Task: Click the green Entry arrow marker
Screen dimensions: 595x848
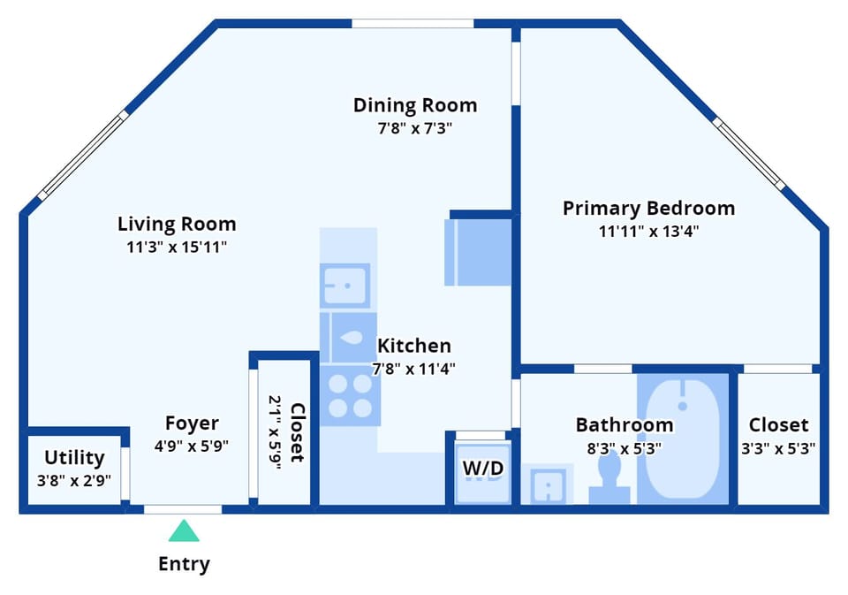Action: [x=184, y=531]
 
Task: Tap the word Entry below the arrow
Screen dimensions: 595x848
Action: [x=184, y=563]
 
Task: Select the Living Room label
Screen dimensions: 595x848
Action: [x=177, y=224]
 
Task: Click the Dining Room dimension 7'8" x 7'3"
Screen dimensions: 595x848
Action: [x=415, y=127]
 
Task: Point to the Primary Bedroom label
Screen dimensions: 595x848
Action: [x=648, y=209]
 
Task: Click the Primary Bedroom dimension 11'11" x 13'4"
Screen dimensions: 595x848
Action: [x=648, y=232]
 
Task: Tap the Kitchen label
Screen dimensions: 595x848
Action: [x=414, y=346]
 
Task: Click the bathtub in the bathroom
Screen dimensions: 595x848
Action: [x=682, y=438]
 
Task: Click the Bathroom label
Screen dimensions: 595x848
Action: [x=625, y=425]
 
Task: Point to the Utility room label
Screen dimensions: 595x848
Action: [x=74, y=458]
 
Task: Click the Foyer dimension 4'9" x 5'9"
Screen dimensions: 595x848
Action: [x=192, y=446]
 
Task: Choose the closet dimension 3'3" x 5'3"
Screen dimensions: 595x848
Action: [x=777, y=448]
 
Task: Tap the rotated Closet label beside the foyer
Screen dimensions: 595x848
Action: [x=297, y=432]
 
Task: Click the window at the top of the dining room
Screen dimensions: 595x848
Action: [x=413, y=23]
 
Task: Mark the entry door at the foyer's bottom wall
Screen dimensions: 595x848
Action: [x=183, y=508]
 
